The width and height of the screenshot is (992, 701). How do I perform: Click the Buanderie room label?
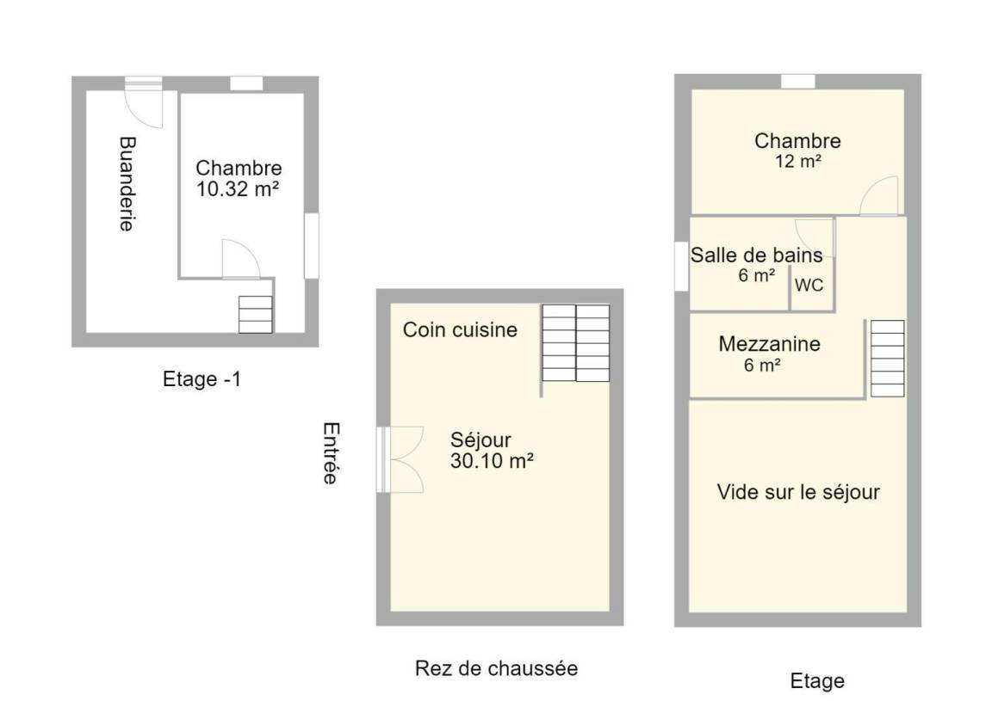coord(127,184)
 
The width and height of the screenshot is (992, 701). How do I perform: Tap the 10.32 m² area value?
coord(238,189)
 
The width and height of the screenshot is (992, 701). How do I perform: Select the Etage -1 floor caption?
coord(201,379)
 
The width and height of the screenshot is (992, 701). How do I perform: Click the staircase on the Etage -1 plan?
coord(256,314)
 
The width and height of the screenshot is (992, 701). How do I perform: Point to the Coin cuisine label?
coord(460,329)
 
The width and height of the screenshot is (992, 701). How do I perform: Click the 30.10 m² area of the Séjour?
coord(492,461)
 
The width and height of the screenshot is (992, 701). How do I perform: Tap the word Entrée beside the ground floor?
coord(331,453)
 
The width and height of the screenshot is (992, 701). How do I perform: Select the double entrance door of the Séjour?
coord(400,459)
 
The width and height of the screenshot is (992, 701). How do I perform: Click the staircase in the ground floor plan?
coord(576,343)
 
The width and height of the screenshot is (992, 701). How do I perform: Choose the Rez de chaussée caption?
coord(497,668)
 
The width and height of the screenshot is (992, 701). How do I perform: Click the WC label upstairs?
coord(809,285)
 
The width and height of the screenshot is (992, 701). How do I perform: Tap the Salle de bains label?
coord(757,255)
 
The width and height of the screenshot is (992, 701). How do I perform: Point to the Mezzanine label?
coord(769,344)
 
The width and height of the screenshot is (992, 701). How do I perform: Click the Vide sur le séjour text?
coord(798,492)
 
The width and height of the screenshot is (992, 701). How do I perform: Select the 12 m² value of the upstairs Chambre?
coord(798,162)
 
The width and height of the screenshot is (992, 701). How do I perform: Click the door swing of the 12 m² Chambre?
coord(878,195)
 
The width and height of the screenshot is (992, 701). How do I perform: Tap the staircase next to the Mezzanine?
coord(888,359)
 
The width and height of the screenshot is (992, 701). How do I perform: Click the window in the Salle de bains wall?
coord(681,266)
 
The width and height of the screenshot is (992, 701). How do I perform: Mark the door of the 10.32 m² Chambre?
coord(240,259)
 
